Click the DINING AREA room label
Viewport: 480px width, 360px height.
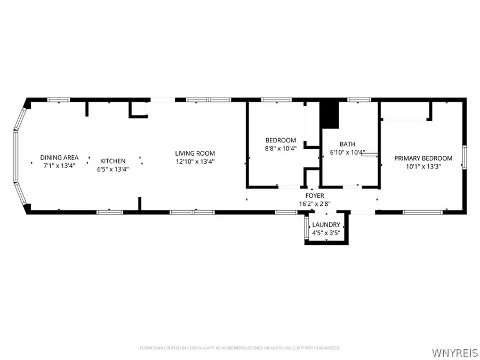[x=59, y=157]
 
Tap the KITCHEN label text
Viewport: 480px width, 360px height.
[x=113, y=161]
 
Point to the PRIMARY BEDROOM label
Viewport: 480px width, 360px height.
[x=423, y=158]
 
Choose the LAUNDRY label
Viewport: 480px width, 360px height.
[x=326, y=225]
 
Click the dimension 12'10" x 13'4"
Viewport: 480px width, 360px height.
[x=195, y=162]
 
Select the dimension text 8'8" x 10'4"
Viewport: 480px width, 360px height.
[x=281, y=148]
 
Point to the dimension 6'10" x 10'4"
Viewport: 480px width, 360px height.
[x=348, y=153]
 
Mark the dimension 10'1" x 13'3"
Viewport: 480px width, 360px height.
[x=423, y=166]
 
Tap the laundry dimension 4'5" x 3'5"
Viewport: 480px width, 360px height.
[x=326, y=233]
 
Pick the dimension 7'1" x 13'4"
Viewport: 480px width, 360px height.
[x=59, y=165]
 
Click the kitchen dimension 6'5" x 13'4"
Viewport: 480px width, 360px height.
[x=113, y=169]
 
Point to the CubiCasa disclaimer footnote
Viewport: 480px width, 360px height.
[x=239, y=348]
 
